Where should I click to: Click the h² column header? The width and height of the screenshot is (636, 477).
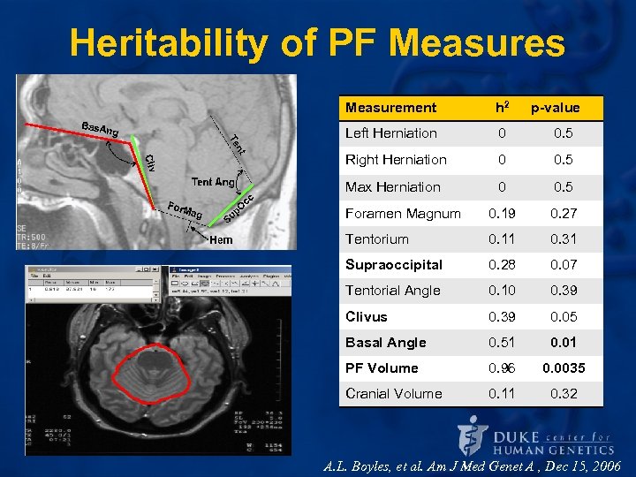[502, 108]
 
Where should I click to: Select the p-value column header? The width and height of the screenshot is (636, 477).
[555, 108]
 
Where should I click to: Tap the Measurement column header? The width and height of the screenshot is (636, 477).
[390, 108]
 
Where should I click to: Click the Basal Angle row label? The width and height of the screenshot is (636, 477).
[385, 343]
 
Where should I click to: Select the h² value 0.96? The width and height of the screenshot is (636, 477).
[502, 368]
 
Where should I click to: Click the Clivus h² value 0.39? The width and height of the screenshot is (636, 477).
[502, 316]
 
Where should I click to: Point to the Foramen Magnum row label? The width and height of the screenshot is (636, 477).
[403, 213]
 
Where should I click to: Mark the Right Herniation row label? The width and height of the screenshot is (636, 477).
[396, 160]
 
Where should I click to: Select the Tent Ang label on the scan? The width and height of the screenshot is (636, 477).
[213, 182]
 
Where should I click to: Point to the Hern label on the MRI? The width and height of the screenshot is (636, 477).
[221, 239]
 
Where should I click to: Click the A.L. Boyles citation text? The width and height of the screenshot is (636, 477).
[473, 466]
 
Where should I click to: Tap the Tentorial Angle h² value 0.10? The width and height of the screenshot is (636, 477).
[502, 291]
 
